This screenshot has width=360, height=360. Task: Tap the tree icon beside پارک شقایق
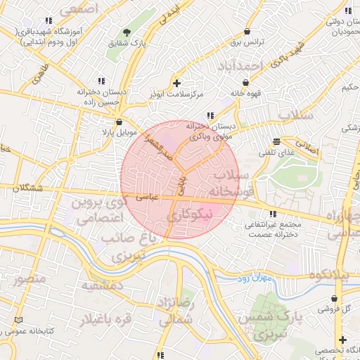(127, 32)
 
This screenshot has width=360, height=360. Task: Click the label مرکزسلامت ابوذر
(176, 93)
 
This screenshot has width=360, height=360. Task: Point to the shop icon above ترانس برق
(247, 32)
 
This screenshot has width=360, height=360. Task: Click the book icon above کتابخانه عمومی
(18, 319)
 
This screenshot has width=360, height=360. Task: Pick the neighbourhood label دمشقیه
(102, 287)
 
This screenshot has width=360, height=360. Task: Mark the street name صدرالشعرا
(159, 148)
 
